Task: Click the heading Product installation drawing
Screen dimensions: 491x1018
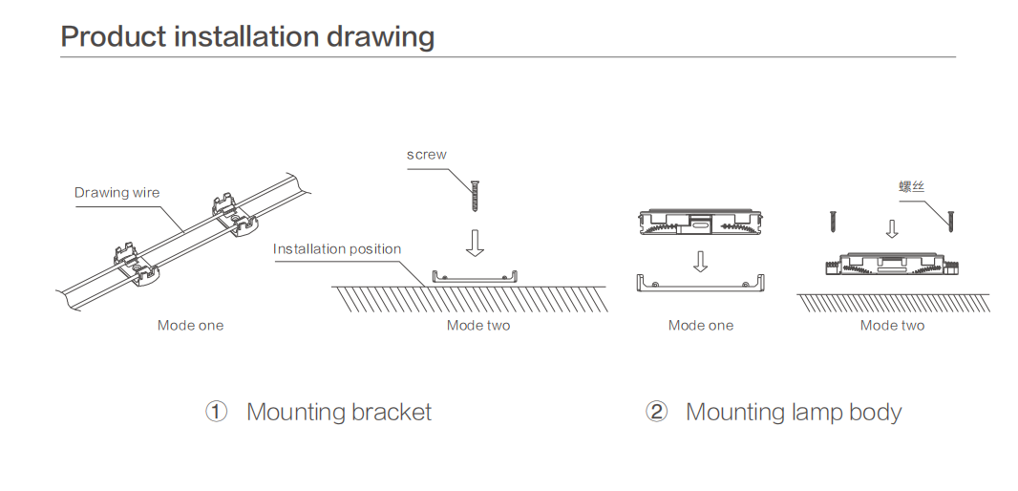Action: pos(247,36)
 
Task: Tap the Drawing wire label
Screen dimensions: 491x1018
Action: pos(117,193)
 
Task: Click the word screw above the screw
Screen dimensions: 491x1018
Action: pos(426,155)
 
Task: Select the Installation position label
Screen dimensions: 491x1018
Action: pos(337,249)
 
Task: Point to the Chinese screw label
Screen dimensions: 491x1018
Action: pos(912,186)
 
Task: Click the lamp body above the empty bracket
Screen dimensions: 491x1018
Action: pos(700,223)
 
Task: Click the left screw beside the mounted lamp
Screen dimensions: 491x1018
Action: pos(833,221)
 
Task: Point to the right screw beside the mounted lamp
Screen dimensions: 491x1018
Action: pos(950,220)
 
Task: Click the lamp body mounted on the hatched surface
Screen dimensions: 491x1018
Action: pos(892,263)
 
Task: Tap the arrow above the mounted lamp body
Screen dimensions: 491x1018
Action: pos(892,228)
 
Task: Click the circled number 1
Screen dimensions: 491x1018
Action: pos(217,412)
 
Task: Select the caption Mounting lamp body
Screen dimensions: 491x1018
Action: pos(794,412)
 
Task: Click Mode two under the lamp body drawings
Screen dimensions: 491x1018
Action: pos(892,326)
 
